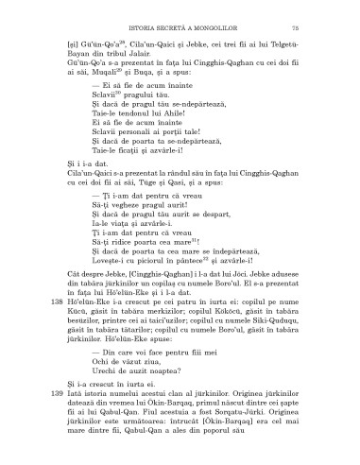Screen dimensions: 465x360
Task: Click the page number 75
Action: point(321,31)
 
